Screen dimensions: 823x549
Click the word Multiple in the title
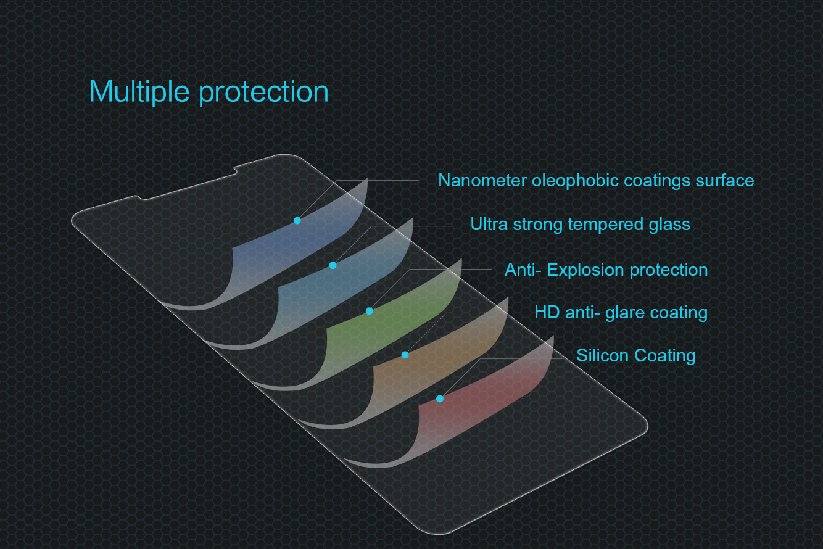139,92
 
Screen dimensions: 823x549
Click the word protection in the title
264,92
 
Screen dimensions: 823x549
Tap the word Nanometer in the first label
482,180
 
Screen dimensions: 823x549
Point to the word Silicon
602,356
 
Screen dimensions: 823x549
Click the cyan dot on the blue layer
297,220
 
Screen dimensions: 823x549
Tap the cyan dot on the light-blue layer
333,265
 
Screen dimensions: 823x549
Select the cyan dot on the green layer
370,312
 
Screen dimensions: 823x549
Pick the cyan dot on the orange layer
405,355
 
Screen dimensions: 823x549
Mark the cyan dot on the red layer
440,398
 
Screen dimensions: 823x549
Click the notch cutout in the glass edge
188,183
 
